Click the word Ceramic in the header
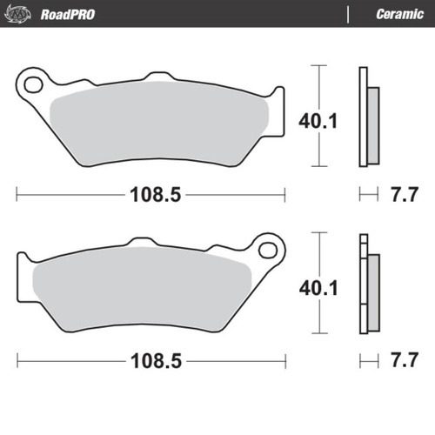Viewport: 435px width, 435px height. click(x=399, y=14)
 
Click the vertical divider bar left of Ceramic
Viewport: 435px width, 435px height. click(x=349, y=14)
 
